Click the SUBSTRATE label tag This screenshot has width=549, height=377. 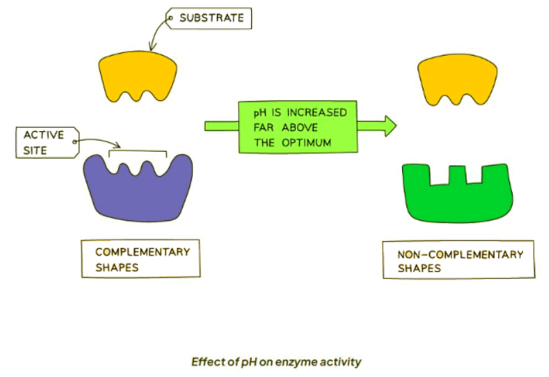tap(211, 18)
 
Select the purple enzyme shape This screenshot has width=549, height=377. tap(138, 193)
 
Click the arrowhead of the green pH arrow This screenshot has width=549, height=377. tap(390, 125)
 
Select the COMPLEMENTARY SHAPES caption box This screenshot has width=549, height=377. tap(140, 259)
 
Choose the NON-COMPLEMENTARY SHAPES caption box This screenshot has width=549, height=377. tap(458, 260)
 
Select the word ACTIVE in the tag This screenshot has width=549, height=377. tap(43, 134)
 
